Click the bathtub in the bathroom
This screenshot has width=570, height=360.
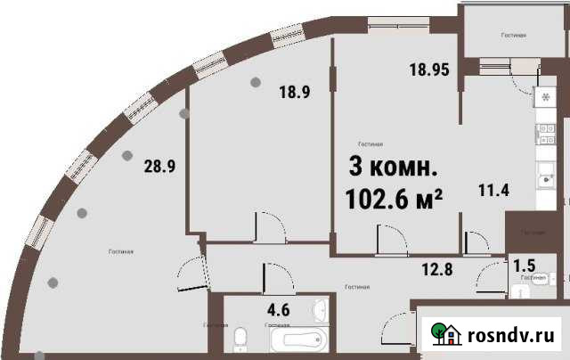pos(294,340)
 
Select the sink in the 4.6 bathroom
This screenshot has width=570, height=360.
pos(322,311)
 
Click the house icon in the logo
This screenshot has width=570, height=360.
pos(446,333)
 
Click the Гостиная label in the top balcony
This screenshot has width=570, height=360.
pos(512,36)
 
